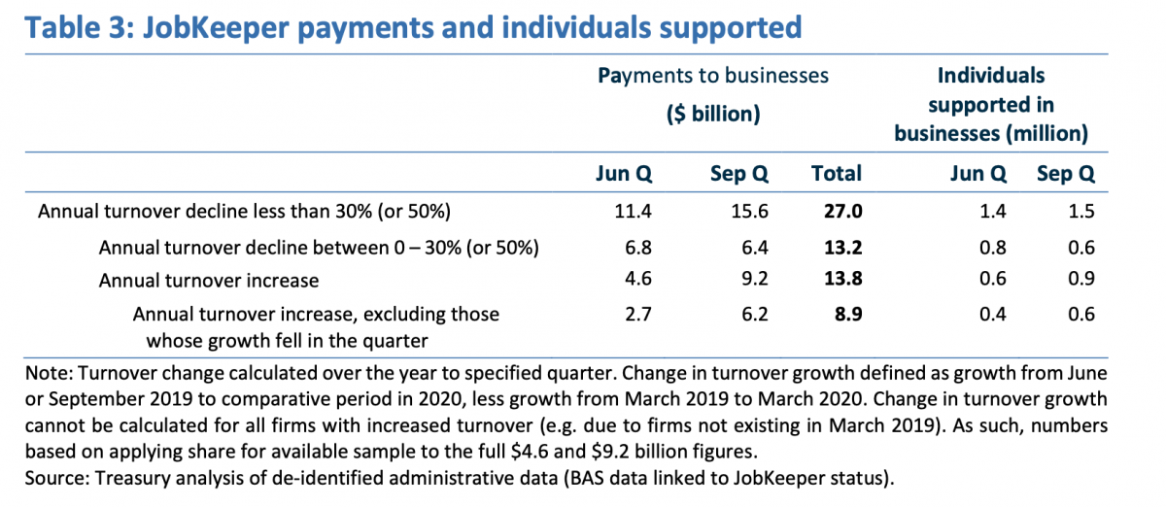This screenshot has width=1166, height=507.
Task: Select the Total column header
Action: (836, 174)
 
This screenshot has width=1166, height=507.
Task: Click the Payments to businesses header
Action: (713, 76)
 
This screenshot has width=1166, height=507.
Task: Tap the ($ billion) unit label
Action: (712, 114)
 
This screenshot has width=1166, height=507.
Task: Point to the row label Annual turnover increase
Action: (209, 281)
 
